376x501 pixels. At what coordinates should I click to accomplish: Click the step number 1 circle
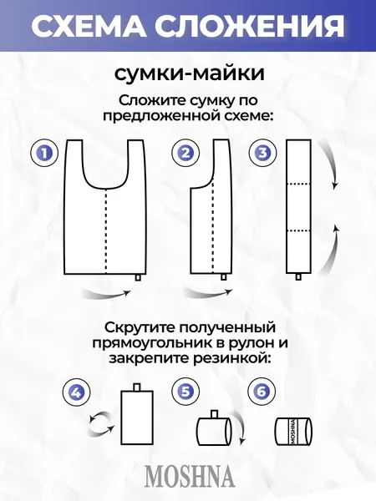(43, 154)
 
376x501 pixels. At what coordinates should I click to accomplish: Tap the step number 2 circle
(185, 154)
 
